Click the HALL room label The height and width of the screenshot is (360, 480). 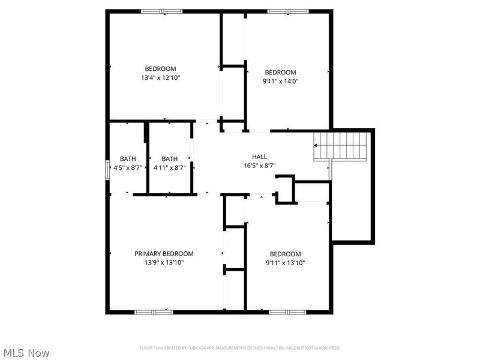(x=259, y=157)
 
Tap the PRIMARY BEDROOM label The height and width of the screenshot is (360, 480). (x=164, y=254)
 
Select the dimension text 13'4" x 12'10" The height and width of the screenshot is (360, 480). (x=160, y=77)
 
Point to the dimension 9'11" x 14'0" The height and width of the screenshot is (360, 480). (x=280, y=81)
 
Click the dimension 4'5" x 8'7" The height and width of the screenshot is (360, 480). (x=127, y=168)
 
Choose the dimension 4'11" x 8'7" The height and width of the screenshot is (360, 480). (x=169, y=168)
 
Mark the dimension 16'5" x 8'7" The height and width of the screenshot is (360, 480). (x=259, y=166)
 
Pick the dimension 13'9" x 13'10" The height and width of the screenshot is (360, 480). (x=164, y=263)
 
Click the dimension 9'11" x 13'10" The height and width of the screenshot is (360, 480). (x=285, y=263)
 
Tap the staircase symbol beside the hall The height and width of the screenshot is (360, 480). (x=340, y=146)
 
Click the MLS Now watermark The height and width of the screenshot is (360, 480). (x=26, y=353)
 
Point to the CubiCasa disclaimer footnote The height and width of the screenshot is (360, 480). (x=240, y=348)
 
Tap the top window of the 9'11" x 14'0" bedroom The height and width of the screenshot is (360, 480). (x=287, y=11)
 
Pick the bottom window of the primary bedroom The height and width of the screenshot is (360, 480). (x=154, y=312)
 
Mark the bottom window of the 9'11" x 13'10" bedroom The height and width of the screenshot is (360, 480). (x=287, y=312)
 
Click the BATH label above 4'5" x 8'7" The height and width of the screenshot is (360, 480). (x=127, y=159)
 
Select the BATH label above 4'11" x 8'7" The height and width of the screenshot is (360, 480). (x=169, y=159)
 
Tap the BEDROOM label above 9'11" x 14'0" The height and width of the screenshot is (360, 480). (x=280, y=72)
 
